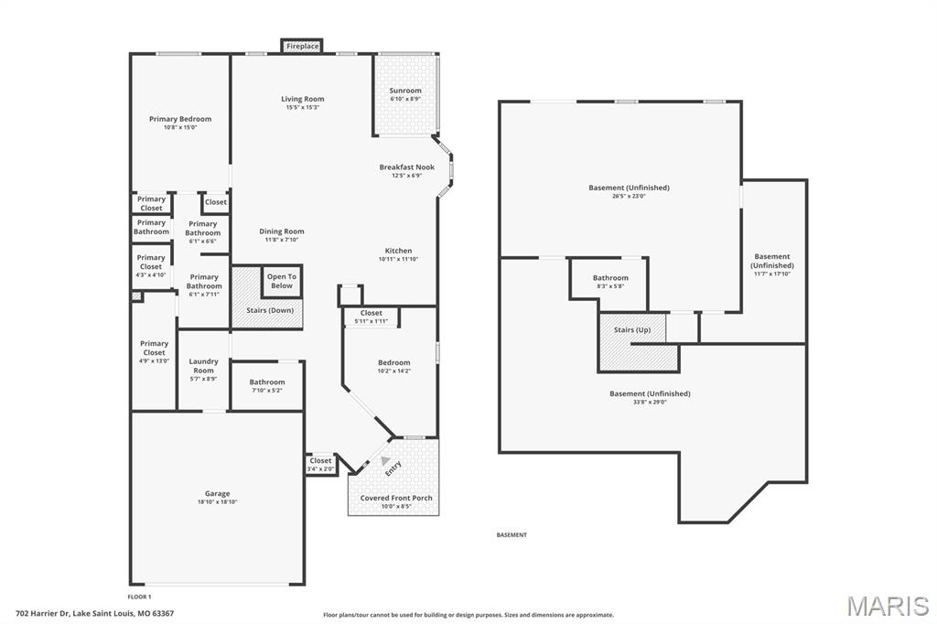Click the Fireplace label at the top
(x=302, y=46)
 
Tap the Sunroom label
(x=405, y=91)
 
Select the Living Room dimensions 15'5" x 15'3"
(x=302, y=108)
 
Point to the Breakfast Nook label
(x=407, y=167)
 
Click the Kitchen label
(x=398, y=251)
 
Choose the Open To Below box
(x=282, y=281)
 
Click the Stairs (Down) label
(x=270, y=310)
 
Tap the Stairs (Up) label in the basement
(x=632, y=329)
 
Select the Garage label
(x=218, y=494)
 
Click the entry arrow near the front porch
(x=386, y=461)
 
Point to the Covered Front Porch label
(x=396, y=498)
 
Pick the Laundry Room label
(x=203, y=366)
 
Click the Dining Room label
(x=282, y=231)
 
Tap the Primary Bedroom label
(x=180, y=119)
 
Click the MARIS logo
(x=887, y=606)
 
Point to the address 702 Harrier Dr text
(x=95, y=613)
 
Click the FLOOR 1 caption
(x=139, y=597)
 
